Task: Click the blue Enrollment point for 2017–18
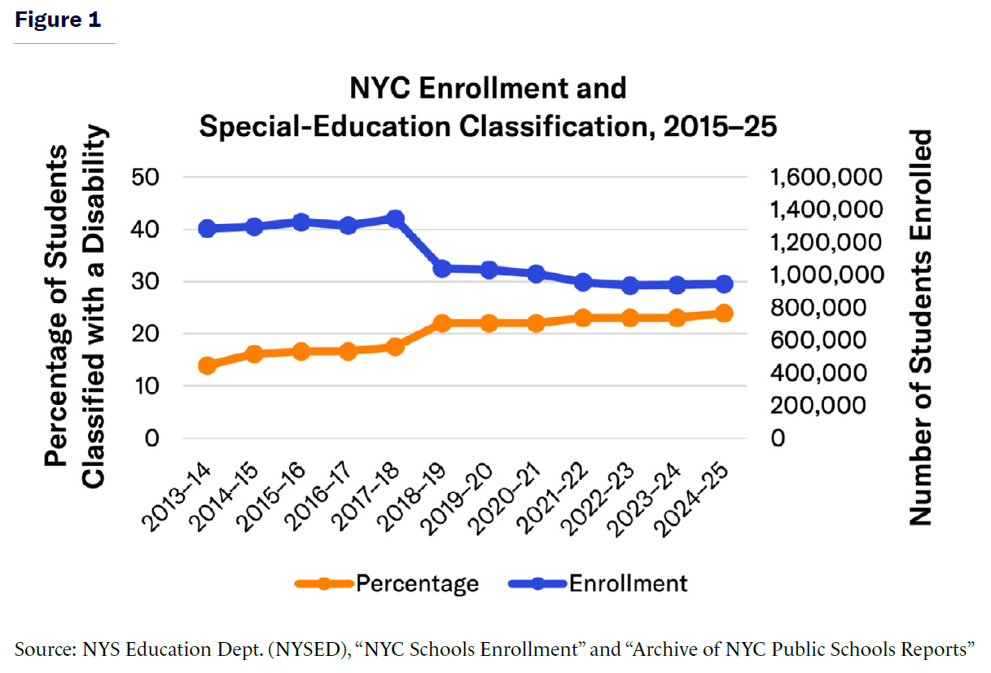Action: pos(396,218)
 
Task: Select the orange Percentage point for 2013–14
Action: pos(207,366)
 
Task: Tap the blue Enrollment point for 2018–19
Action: pos(442,268)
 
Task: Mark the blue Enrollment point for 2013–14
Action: pos(207,229)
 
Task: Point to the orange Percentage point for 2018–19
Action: pos(442,323)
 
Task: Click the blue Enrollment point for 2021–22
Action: pos(583,283)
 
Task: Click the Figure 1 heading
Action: pos(58,20)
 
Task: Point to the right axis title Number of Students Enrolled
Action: pos(919,326)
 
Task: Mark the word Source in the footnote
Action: pos(42,649)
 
